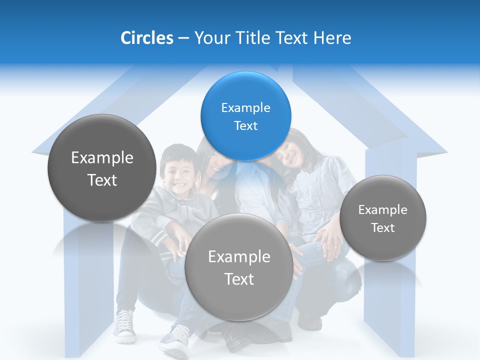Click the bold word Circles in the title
coord(146,37)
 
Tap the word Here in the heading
coord(332,37)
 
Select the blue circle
coord(245,116)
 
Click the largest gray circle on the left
coord(102,168)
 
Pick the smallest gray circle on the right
coord(383,218)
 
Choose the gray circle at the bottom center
coord(239,267)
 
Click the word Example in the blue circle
coord(245,107)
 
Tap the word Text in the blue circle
coord(245,125)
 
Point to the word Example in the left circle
coord(102,158)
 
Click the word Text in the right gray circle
coord(383,227)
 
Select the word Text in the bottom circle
coord(239,279)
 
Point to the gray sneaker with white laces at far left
coord(124,325)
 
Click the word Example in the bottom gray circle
coord(239,256)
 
